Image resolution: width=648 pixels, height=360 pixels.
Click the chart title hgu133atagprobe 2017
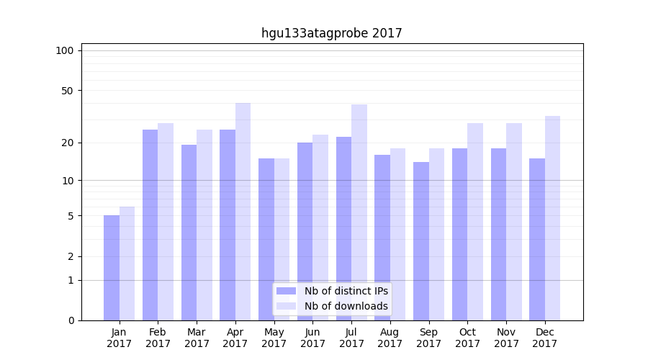tap(331, 33)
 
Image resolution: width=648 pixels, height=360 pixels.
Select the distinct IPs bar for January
tap(112, 268)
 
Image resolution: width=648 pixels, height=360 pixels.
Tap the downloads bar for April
tap(243, 212)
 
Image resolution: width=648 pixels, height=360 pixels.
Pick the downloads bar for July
tap(359, 212)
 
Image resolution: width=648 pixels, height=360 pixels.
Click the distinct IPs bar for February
tap(150, 225)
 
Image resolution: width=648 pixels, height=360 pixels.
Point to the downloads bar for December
tap(552, 218)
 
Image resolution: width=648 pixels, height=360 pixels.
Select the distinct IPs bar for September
tap(421, 241)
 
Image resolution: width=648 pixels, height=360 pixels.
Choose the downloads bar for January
tap(127, 264)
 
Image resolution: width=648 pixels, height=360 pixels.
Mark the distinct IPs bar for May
tap(266, 239)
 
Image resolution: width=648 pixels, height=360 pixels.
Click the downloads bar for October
tap(475, 222)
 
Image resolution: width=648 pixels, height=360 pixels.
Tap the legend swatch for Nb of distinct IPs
tap(287, 291)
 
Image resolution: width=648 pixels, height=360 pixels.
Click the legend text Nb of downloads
tap(346, 306)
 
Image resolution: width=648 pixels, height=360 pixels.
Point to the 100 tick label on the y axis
tap(65, 50)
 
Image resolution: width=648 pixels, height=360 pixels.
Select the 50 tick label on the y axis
tap(68, 91)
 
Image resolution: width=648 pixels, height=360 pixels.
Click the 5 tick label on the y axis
tap(71, 216)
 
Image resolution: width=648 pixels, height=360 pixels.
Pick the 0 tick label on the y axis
tap(71, 320)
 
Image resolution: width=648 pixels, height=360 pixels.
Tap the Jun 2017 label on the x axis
tap(312, 338)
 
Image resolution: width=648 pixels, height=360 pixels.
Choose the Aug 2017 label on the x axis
tap(390, 338)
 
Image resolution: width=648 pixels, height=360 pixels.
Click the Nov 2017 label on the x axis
tap(506, 338)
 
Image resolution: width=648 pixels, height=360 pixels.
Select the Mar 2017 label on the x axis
tap(197, 338)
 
